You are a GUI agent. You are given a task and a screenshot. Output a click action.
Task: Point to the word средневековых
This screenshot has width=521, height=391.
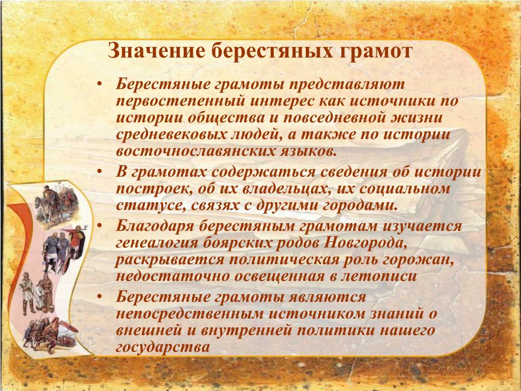coord(169,135)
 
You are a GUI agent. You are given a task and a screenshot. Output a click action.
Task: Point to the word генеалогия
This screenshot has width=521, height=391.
coord(157,243)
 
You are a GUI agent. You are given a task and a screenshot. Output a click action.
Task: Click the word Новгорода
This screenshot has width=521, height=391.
coord(365,243)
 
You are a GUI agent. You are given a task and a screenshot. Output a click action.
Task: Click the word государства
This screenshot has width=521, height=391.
coord(163,347)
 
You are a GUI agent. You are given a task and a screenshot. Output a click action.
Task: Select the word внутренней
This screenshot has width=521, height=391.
coord(246,330)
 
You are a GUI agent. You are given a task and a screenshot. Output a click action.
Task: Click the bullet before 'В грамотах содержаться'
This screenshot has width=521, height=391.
coord(99,172)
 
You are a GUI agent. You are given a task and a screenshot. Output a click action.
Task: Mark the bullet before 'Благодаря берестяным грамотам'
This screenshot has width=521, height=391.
coord(99,226)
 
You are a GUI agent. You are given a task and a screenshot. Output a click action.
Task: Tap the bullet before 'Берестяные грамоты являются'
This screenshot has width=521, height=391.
coord(99,297)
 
